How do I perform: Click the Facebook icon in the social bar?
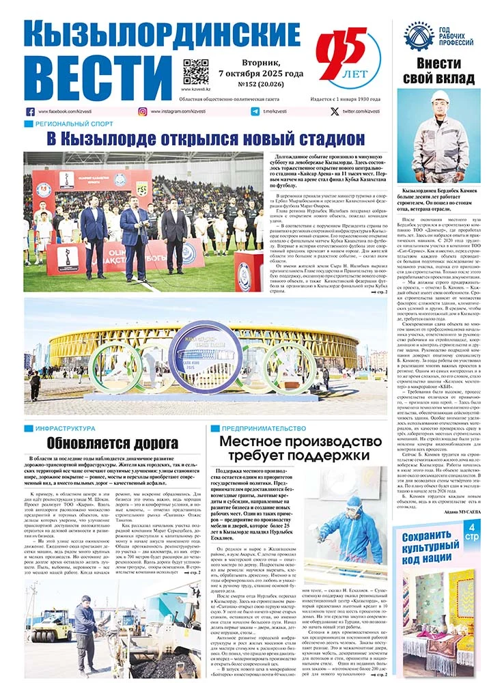tap(30, 111)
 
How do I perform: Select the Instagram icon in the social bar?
tap(143, 111)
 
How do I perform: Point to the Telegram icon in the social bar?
tap(255, 111)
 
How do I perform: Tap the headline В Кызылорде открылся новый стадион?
tap(206, 139)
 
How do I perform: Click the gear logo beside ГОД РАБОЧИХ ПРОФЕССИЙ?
tap(418, 34)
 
